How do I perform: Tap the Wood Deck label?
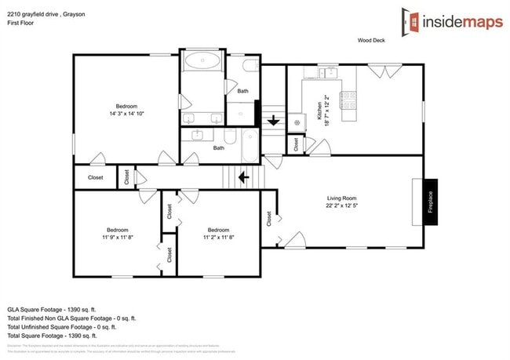click(x=372, y=39)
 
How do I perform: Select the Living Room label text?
click(x=341, y=198)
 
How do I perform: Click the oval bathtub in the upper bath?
click(x=202, y=60)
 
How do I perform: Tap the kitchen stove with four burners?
click(x=348, y=100)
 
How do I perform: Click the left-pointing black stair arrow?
click(x=244, y=177)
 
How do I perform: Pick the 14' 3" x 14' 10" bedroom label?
click(x=127, y=110)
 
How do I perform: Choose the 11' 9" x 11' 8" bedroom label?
click(x=118, y=232)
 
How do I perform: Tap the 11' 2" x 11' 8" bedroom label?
click(x=219, y=232)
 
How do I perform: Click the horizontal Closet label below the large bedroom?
click(x=95, y=178)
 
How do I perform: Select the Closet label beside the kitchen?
click(x=296, y=144)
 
